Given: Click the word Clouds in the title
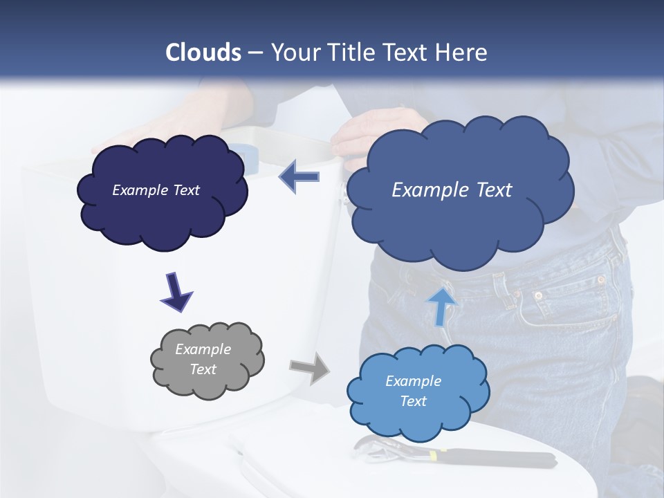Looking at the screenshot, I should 203,53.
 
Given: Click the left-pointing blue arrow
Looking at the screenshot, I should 299,177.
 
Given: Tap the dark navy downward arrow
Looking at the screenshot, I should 176,291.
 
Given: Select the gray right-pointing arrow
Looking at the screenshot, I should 310,368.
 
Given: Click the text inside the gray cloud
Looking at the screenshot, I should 203,359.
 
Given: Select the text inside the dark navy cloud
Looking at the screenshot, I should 156,190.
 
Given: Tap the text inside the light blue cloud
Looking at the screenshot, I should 413,391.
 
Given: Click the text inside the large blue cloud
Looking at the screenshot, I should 452,190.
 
